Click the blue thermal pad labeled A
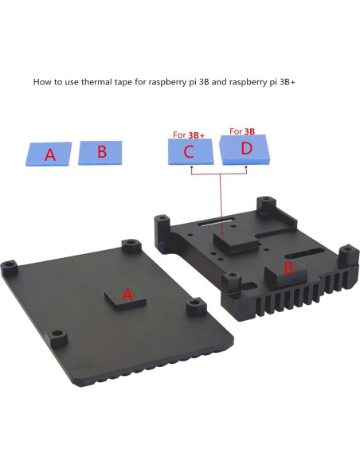coord(49,153)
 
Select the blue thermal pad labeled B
coord(100,151)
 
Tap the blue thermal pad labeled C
coord(190,150)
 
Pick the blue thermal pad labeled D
coord(245,149)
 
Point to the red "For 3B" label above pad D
coord(241,131)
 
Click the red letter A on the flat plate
coord(127,295)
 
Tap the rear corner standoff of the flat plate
coord(127,244)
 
